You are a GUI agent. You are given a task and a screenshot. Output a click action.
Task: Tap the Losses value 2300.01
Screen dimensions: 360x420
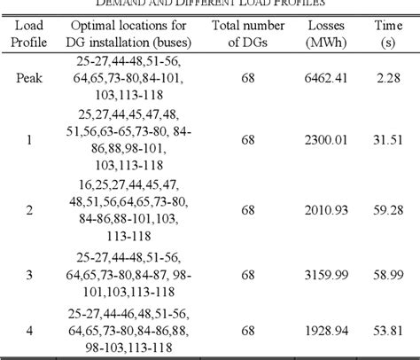tap(325, 138)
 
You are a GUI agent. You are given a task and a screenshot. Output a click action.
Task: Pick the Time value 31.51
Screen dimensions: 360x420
tap(387, 138)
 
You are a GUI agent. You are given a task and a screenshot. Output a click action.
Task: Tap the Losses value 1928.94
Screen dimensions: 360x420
tap(325, 328)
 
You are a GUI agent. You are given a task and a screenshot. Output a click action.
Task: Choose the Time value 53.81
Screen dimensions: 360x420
tap(387, 328)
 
